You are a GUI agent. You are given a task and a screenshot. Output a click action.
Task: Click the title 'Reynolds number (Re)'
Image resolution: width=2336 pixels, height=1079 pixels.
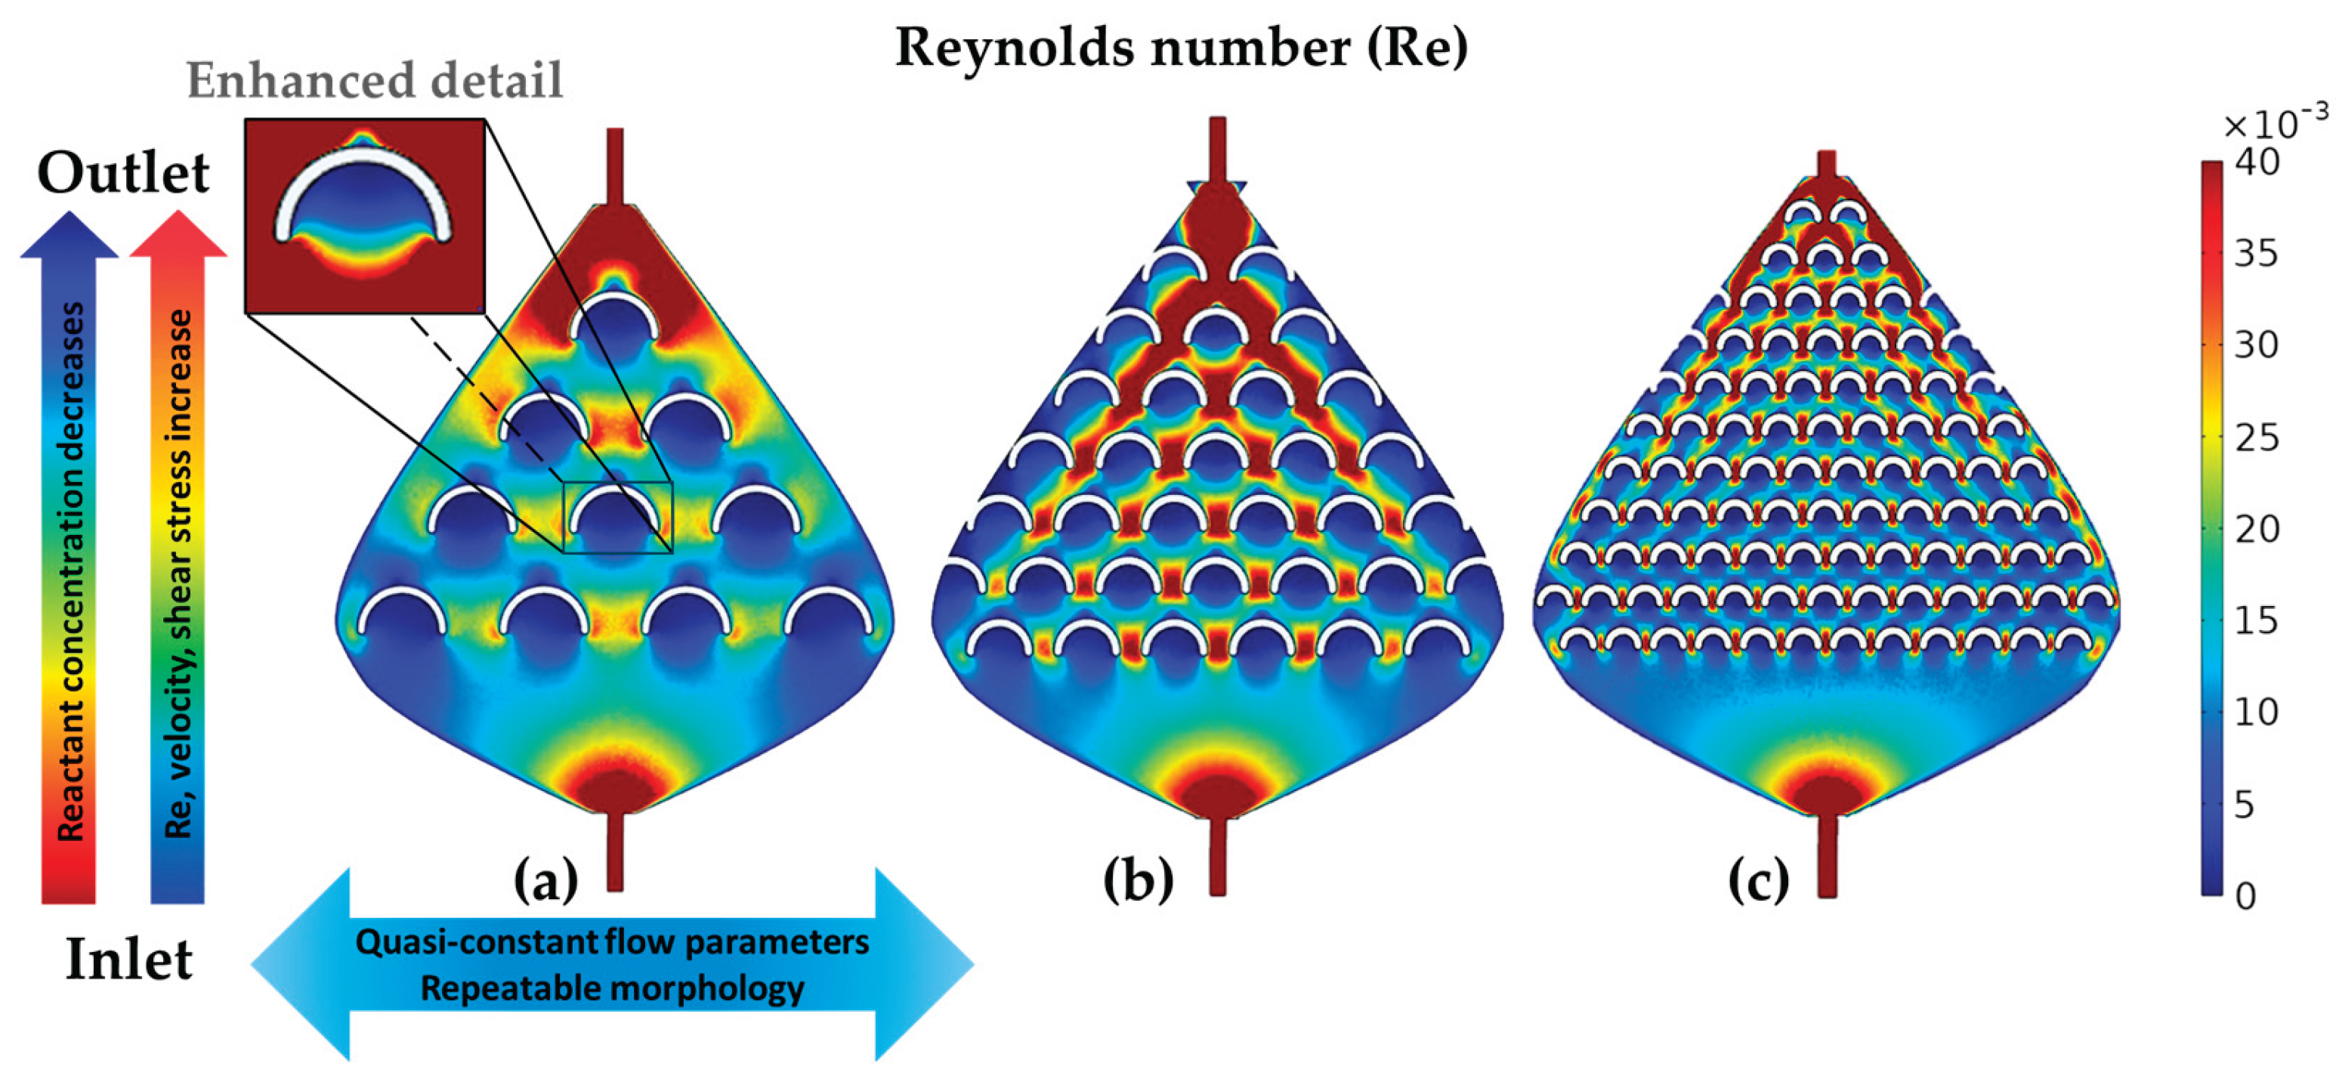click(1181, 48)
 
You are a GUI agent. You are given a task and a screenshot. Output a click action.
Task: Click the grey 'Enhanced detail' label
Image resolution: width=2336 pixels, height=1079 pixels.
click(375, 81)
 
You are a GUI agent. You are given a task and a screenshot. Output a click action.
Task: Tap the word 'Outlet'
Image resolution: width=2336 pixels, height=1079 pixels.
click(123, 172)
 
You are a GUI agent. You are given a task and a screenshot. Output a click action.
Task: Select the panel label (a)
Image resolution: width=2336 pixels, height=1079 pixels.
click(546, 880)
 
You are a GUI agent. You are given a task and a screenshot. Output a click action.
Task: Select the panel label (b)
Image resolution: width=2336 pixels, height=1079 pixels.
click(1139, 880)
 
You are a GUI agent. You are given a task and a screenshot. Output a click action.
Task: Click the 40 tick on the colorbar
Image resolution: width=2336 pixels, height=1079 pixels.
click(2256, 162)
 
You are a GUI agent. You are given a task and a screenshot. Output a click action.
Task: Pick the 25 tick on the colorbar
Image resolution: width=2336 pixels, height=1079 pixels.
click(2256, 438)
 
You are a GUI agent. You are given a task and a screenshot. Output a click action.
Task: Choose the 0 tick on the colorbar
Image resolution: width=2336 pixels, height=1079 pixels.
click(2245, 896)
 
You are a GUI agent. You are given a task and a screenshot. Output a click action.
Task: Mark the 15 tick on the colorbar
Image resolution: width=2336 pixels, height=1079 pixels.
click(2256, 621)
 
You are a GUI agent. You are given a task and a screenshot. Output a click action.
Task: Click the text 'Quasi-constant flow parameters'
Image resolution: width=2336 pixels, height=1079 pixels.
click(612, 943)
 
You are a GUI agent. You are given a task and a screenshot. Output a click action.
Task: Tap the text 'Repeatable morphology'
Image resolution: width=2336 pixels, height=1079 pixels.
click(612, 988)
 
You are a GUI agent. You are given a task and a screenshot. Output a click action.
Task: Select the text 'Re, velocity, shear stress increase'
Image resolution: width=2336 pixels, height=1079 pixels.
click(178, 573)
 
